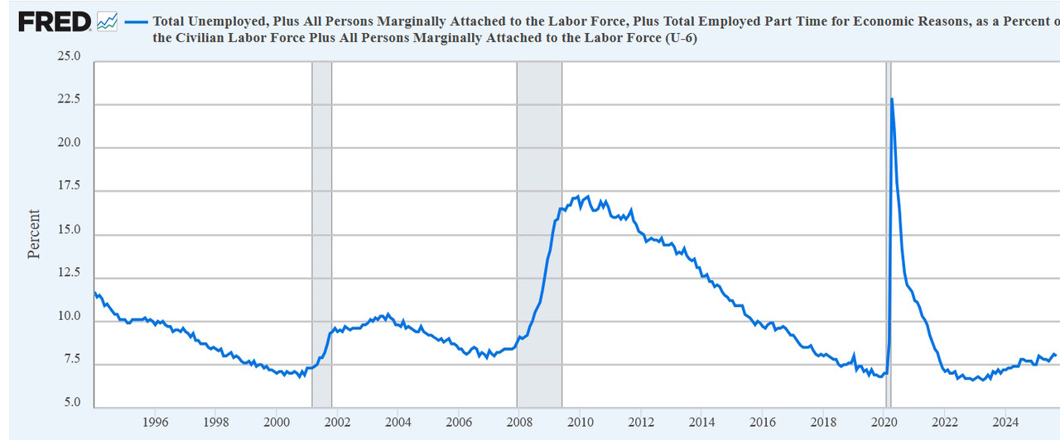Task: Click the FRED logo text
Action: pos(55,22)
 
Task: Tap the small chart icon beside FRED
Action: pos(107,22)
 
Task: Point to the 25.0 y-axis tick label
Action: pos(69,57)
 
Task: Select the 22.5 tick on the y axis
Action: pos(69,100)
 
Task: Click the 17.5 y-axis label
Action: pos(69,187)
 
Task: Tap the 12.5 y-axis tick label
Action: pos(69,274)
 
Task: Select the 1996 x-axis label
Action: pos(155,422)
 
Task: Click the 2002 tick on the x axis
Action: pos(337,422)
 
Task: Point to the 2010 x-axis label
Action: pos(579,422)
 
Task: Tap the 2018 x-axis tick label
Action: pos(822,422)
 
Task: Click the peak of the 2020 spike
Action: pos(891,99)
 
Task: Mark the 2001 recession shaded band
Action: pos(321,232)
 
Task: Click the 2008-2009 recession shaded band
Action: pos(539,232)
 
